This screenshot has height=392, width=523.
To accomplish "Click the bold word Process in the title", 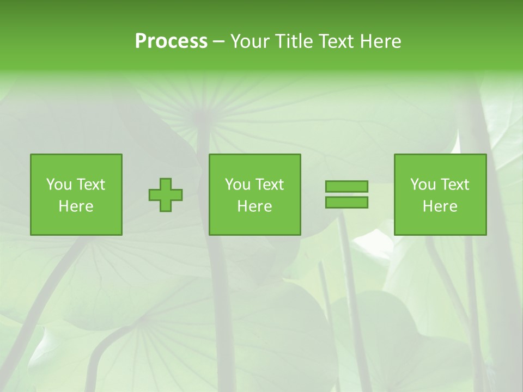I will coord(171,41).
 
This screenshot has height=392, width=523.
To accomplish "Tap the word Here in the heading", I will coord(380,41).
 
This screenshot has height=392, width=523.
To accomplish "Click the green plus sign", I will coord(166,195).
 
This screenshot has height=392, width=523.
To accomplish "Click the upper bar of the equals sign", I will coord(346,186).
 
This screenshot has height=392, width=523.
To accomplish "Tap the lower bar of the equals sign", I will coord(346,203).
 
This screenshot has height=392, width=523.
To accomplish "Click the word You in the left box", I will coord(59,185).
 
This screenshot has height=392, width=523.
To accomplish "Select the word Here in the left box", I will coord(76,206).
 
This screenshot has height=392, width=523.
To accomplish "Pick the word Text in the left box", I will coord(90,185).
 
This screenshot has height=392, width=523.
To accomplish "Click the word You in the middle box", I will coord(238,185).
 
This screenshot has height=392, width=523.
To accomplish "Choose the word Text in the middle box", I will coord(269,185).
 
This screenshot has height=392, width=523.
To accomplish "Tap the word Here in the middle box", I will coord(254,206).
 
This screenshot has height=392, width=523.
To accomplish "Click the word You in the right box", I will coord(423,185).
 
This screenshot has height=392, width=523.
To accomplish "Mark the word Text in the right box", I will coord(454,185).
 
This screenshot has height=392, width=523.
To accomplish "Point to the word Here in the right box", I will coord(440,206).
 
